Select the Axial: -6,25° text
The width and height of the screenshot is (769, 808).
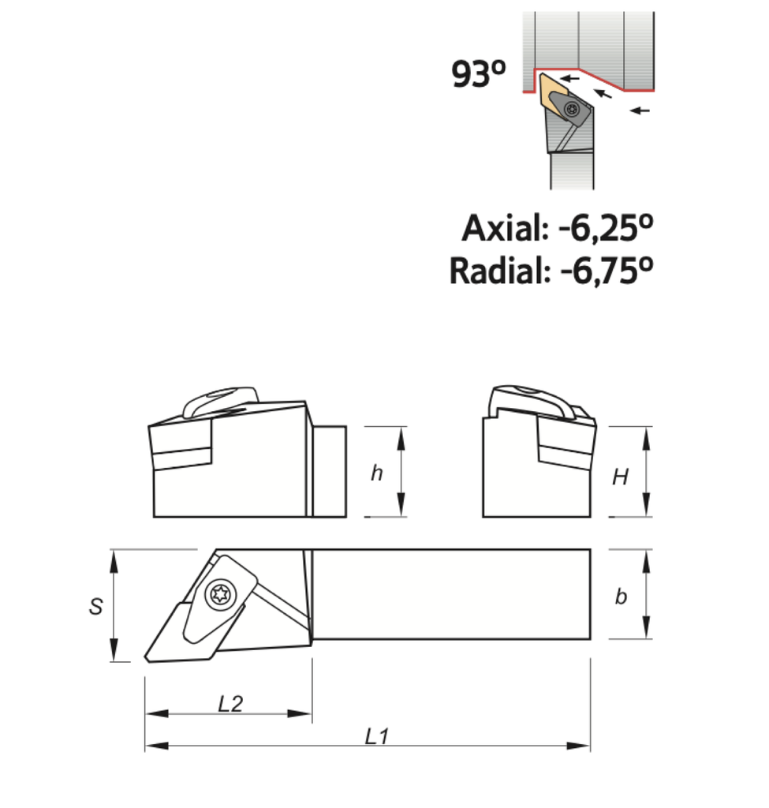pos(558,229)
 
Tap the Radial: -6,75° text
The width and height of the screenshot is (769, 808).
pos(551,271)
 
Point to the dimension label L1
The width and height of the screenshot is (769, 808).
pos(377,737)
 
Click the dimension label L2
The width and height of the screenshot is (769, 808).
pos(230,704)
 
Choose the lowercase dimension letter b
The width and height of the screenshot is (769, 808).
pos(621,597)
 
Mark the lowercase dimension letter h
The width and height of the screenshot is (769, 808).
pos(377,473)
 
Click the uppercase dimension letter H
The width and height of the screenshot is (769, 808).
pos(621,477)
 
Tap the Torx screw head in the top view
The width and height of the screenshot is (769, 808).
pos(218,593)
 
